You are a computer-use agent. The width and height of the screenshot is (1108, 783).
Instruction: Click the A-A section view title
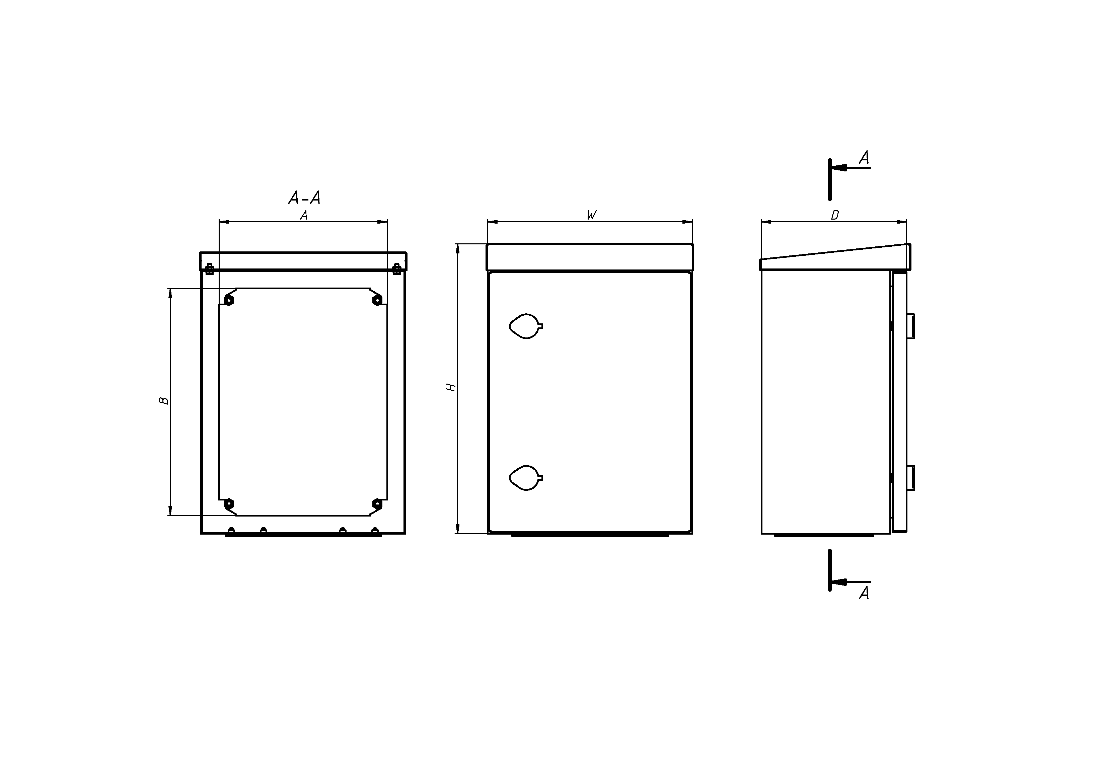coord(304,198)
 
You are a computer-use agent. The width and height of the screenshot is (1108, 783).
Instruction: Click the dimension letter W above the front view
coord(592,215)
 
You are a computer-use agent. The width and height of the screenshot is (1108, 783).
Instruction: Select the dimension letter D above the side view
coord(834,216)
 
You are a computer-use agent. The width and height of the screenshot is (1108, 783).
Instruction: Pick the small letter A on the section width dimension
coord(304,216)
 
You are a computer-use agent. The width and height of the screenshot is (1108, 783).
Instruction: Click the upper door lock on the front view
coord(526,326)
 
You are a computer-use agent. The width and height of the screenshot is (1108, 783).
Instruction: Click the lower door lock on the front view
coord(526,478)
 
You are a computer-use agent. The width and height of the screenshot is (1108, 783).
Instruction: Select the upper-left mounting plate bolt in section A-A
coord(229,300)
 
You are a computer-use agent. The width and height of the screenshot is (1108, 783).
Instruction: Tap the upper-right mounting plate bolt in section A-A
coord(377,300)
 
